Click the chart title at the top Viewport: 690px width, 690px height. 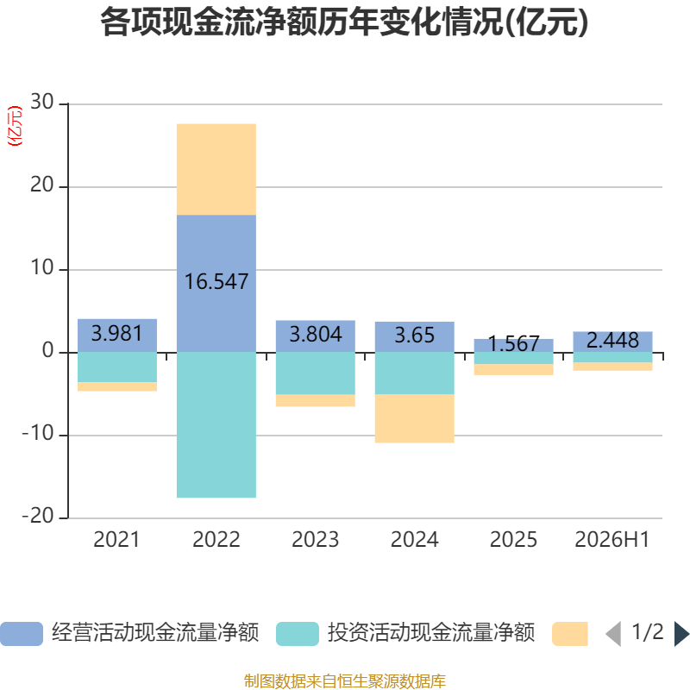344,22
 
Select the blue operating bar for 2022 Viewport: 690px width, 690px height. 216,284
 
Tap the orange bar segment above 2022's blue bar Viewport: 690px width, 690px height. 216,169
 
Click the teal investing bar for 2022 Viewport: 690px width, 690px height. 216,424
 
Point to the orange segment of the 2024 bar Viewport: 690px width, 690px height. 414,418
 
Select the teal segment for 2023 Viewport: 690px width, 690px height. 315,373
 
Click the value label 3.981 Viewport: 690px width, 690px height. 116,333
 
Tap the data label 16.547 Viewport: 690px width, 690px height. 216,282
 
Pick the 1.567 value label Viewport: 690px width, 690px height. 513,343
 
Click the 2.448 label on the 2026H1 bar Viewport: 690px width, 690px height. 612,340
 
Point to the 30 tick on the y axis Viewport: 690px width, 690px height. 41,102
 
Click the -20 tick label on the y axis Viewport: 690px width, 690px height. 38,516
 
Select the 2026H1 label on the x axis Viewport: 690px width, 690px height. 612,540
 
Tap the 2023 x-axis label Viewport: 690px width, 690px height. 315,540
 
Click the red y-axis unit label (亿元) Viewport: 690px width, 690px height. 15,126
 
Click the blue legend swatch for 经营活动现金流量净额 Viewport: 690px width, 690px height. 22,634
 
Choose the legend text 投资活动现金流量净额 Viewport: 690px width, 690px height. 430,633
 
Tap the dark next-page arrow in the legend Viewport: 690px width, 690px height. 681,634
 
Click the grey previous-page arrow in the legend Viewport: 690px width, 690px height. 613,634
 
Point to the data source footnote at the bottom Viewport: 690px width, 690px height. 344,681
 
